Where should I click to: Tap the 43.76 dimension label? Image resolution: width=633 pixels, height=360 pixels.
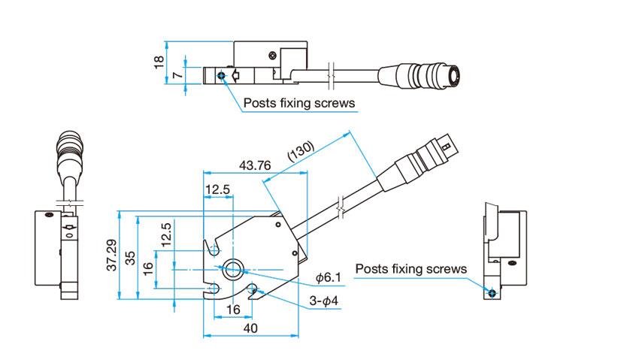click(x=254, y=165)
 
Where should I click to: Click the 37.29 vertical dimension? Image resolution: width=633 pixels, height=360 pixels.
click(x=111, y=256)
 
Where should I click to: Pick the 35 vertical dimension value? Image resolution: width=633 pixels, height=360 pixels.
click(x=130, y=257)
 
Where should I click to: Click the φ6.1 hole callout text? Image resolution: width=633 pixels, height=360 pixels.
click(x=329, y=278)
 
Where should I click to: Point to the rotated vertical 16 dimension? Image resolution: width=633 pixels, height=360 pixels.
click(x=148, y=266)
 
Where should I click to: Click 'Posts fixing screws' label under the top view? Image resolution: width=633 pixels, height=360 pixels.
click(x=298, y=103)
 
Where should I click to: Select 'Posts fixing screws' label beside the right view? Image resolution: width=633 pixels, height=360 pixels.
click(x=411, y=268)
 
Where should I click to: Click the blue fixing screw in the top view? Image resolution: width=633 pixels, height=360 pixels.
click(x=220, y=74)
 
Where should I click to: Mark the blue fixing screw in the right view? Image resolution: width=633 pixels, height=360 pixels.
click(x=492, y=292)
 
